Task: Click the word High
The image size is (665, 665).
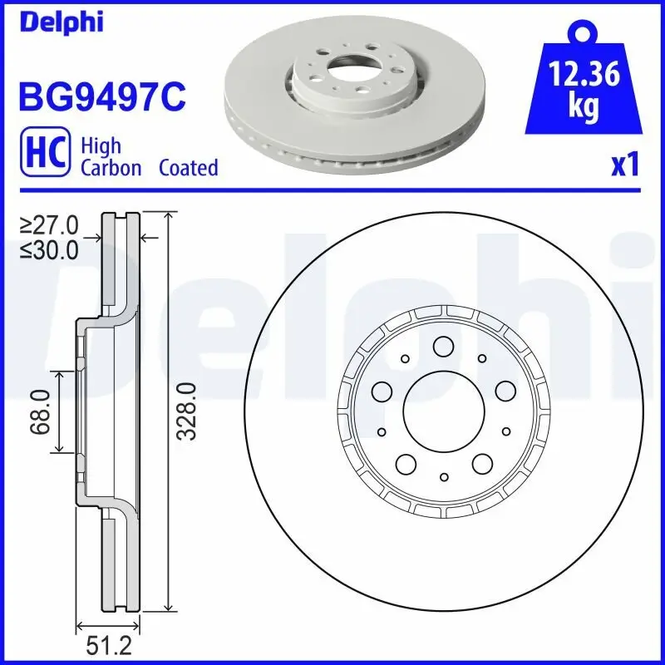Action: point(101,146)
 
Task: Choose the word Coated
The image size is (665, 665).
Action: point(188,168)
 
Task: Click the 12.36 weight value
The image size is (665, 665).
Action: point(585,76)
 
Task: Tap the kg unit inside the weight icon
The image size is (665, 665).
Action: point(585,106)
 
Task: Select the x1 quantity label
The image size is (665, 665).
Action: point(625,165)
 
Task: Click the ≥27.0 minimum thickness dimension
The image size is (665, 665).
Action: point(50,225)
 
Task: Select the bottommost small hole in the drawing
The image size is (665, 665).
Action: point(444,476)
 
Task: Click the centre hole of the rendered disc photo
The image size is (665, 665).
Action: point(345,61)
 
